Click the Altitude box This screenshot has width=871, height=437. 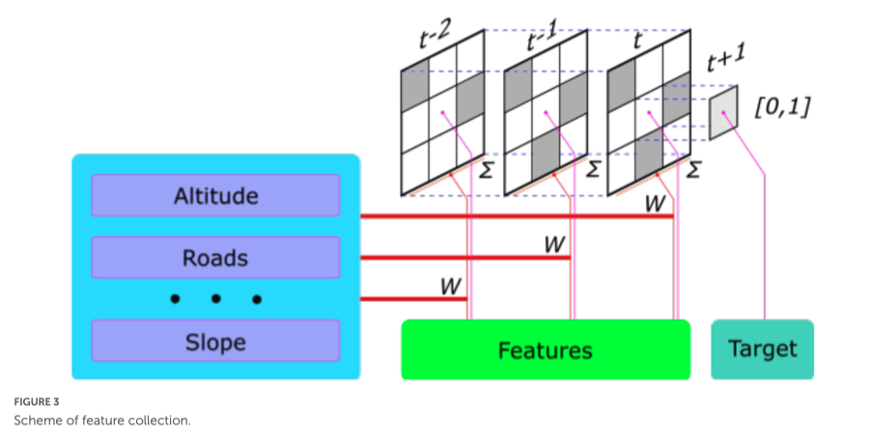[215, 196]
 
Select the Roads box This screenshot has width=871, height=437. [215, 258]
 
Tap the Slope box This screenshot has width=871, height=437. [215, 341]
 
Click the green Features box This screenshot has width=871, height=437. [546, 349]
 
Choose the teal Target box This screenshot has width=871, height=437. [763, 349]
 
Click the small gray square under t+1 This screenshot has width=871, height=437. [723, 112]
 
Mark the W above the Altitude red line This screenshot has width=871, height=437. [655, 204]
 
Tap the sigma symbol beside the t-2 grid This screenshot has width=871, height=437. [486, 171]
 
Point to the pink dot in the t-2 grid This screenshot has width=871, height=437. [443, 114]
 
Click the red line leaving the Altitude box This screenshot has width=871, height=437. [512, 217]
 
